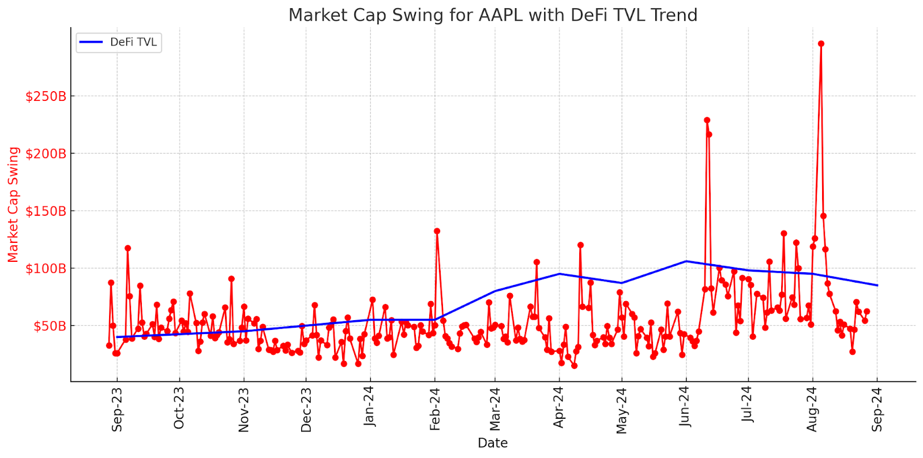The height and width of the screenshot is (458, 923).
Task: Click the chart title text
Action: coord(493,15)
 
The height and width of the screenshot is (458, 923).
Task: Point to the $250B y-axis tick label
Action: coord(46,96)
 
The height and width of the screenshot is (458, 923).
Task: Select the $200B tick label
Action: coord(46,153)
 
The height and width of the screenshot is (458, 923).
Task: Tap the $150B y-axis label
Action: coord(46,211)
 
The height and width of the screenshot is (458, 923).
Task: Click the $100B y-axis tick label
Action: coord(46,268)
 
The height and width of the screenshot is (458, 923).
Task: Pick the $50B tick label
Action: coord(49,326)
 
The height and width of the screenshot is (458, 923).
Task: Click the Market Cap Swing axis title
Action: coord(13,205)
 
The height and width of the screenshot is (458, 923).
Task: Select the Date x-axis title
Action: coord(493,443)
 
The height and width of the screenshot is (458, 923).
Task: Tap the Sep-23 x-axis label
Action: coord(117,409)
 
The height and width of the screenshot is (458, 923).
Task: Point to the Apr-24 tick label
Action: coord(558,407)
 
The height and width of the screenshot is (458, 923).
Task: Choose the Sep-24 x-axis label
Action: coord(877,409)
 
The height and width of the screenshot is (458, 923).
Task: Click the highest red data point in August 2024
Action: coord(821,44)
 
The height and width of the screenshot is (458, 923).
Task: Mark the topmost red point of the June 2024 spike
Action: coord(707,121)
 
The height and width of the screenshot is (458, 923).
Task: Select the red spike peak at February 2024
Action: coord(437,231)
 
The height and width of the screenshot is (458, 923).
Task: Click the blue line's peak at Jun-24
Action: coord(686,261)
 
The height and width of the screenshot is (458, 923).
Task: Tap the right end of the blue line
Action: coord(877,286)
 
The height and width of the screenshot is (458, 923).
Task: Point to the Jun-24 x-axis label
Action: coord(685,407)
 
